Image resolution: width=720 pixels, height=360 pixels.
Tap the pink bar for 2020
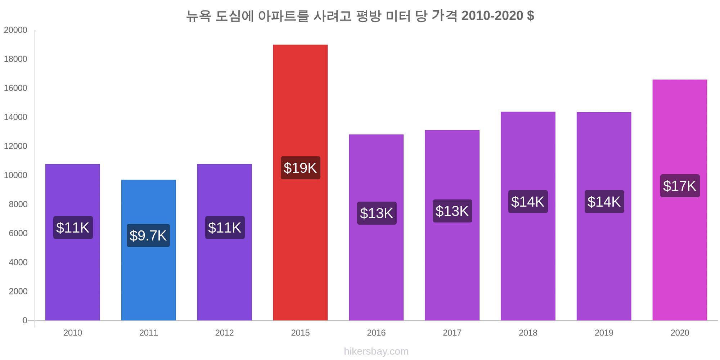click(680, 252)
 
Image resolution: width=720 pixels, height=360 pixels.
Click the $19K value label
click(300, 168)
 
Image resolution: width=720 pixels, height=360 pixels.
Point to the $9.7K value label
click(148, 235)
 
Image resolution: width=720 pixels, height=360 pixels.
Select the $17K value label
click(680, 186)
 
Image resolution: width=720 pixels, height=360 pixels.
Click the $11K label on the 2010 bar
click(73, 228)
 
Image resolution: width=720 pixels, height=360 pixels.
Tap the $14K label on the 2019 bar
click(604, 202)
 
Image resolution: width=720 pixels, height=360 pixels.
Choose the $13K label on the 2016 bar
click(377, 213)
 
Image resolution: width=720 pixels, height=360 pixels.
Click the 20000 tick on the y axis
click(15, 30)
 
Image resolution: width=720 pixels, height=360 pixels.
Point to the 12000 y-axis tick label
click(15, 146)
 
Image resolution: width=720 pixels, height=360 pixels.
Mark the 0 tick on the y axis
click(25, 320)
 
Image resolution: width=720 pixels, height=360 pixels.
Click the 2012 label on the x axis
click(224, 333)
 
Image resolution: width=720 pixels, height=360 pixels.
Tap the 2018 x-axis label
click(528, 333)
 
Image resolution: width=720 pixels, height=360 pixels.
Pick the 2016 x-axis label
click(376, 333)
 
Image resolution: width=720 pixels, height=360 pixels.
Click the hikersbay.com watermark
click(376, 351)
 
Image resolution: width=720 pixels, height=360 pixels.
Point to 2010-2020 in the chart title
click(492, 16)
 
